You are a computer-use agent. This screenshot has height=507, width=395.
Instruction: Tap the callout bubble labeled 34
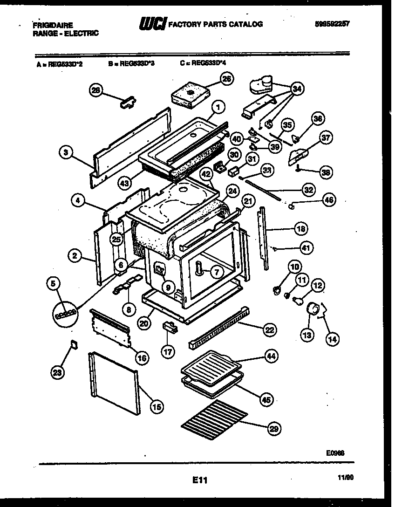tap(296, 89)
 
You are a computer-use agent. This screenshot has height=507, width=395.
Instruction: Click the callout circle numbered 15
tap(157, 406)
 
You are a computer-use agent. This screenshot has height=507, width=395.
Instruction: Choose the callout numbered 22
tap(269, 330)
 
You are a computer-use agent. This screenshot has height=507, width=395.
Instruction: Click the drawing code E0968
tap(335, 452)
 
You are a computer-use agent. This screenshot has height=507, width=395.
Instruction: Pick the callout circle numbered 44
tap(270, 356)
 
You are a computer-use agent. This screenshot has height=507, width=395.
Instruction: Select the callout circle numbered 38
tap(326, 172)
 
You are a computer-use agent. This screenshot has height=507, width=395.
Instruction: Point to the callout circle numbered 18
tap(301, 228)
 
